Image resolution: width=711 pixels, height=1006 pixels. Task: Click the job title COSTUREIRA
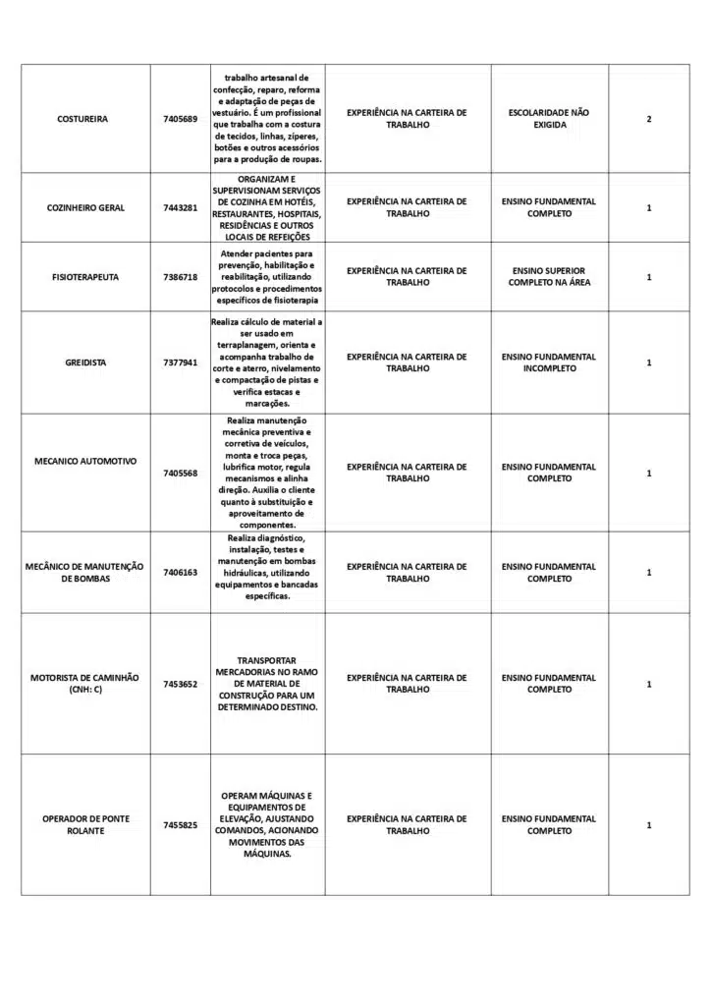tap(82, 119)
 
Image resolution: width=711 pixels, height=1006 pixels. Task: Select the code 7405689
tap(180, 119)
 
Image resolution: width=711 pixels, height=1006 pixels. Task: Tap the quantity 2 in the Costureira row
tap(649, 119)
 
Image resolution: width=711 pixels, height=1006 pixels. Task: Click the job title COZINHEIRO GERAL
tap(85, 208)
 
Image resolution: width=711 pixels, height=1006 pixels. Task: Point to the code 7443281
tap(180, 208)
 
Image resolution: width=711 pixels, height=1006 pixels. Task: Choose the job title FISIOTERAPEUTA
tap(85, 277)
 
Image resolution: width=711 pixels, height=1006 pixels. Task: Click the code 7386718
tap(180, 277)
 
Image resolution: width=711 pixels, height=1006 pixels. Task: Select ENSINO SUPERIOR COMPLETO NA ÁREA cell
tap(549, 277)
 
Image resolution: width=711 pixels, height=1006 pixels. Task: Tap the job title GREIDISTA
tap(84, 363)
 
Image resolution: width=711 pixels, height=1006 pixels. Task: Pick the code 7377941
tap(180, 363)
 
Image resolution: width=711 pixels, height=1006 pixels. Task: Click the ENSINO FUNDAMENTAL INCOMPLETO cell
tap(549, 363)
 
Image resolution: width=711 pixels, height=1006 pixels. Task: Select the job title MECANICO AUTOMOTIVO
tap(85, 461)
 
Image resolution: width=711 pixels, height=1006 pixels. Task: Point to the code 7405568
tap(180, 474)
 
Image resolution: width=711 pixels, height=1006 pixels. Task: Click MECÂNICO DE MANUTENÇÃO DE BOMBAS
tap(84, 573)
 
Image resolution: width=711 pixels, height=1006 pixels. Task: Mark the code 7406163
tap(180, 573)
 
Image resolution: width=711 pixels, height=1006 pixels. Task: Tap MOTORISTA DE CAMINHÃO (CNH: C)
tap(84, 684)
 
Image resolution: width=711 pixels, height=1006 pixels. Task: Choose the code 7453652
tap(180, 684)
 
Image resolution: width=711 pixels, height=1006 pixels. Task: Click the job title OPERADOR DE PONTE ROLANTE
tap(85, 824)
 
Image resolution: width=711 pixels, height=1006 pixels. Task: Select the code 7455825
tap(180, 825)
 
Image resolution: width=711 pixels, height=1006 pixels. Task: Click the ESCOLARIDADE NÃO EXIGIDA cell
tap(550, 119)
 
